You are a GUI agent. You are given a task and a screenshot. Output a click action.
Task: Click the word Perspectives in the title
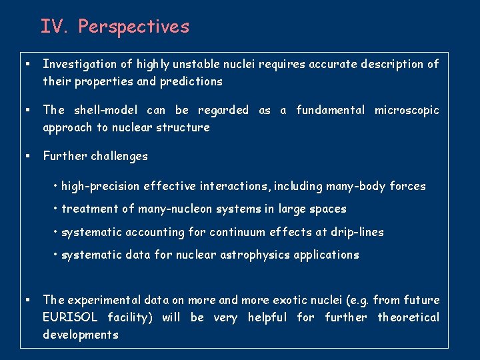click(133, 27)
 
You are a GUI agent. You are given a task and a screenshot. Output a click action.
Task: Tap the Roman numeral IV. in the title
click(56, 27)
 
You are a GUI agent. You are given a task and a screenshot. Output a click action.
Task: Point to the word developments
click(81, 335)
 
